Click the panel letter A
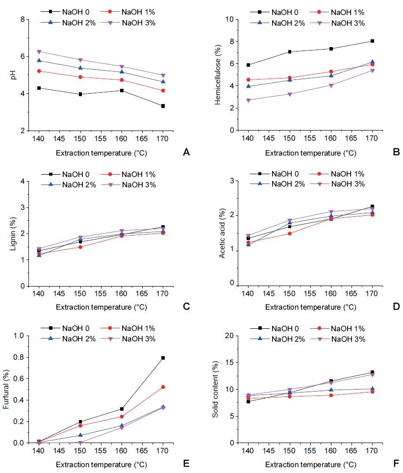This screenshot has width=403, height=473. pos(186,153)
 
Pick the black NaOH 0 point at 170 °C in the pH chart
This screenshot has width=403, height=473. pos(163,106)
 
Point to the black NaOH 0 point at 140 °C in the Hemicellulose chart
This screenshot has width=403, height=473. pos(249,65)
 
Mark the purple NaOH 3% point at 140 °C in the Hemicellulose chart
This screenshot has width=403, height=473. pos(249,100)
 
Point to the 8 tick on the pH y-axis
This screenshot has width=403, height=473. pos(22,20)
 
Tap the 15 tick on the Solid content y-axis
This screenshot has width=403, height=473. pos(230,363)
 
